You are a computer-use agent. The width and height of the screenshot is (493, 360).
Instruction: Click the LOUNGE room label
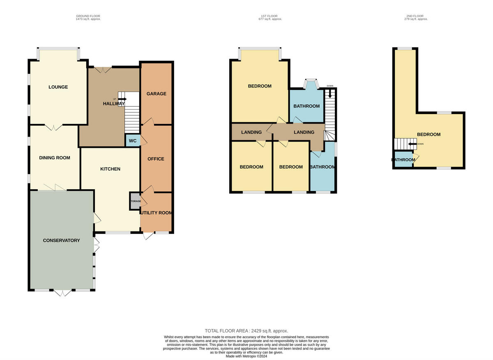click(58, 87)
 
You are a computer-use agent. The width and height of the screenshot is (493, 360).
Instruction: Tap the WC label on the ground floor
click(133, 141)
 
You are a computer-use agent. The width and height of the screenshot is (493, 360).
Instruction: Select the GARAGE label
click(157, 94)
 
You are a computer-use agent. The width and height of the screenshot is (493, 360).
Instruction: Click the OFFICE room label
click(156, 159)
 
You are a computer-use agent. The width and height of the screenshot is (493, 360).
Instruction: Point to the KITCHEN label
click(110, 169)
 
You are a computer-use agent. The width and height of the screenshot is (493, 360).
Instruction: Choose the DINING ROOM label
click(54, 158)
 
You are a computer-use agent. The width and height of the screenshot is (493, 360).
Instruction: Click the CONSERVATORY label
click(61, 240)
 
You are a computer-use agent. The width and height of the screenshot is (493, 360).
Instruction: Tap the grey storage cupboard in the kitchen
click(135, 201)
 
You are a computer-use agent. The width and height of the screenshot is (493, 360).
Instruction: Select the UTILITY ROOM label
click(156, 213)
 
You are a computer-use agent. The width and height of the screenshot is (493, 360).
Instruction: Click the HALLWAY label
click(113, 104)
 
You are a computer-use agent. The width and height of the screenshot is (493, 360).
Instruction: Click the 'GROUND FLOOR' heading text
click(88, 16)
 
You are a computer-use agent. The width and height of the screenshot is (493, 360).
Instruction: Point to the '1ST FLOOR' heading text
click(269, 16)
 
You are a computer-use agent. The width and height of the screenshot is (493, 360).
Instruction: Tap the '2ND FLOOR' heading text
click(415, 16)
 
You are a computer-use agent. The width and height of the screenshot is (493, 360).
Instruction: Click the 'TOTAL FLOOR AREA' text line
click(246, 330)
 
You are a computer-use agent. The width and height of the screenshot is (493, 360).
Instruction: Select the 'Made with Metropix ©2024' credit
click(246, 356)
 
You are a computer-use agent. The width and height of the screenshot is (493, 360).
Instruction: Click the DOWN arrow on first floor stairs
click(330, 93)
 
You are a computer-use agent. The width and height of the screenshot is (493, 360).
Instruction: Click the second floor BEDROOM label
click(428, 134)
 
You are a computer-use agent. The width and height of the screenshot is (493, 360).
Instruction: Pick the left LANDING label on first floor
click(251, 132)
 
